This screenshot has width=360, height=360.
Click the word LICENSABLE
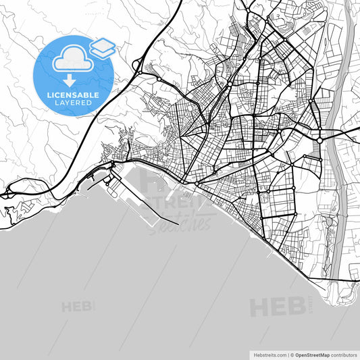click(73, 94)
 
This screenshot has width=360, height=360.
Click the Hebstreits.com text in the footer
click(265, 354)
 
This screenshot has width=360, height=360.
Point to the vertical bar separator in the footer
click(286, 354)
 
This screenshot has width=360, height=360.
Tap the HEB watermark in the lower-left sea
click(76, 307)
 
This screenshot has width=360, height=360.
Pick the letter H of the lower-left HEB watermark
click(66, 307)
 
